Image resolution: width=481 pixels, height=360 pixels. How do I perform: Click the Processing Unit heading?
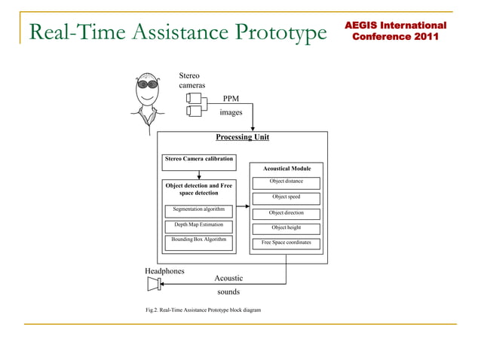coord(242,137)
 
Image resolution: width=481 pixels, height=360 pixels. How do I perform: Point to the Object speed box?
coord(286,198)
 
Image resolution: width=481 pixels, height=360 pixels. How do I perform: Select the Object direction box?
coord(286,214)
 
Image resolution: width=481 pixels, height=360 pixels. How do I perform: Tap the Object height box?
coord(286,229)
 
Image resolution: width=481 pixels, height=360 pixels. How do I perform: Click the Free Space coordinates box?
coord(286,244)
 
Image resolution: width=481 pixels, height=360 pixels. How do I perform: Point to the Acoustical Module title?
coord(286,169)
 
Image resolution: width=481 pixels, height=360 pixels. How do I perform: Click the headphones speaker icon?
coord(155,284)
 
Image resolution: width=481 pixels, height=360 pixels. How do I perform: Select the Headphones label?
coord(164,270)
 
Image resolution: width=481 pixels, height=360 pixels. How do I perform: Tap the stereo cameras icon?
coord(195,105)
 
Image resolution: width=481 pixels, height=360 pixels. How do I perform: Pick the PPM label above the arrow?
coord(231,98)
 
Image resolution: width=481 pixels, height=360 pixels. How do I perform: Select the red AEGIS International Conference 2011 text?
coord(395,31)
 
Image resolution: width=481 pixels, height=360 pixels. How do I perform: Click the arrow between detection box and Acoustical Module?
coord(243,206)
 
